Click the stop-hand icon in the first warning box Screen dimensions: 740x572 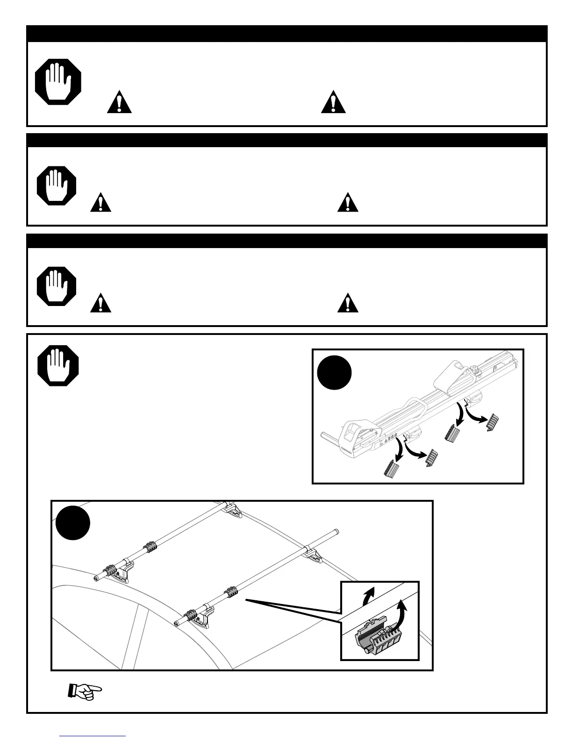click(x=58, y=82)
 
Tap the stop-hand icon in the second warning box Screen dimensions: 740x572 click(x=57, y=185)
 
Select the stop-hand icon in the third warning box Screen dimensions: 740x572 click(x=57, y=286)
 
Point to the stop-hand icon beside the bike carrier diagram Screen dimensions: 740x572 click(x=58, y=365)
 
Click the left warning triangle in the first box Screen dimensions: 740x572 click(x=119, y=102)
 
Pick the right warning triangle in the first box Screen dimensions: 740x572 click(x=333, y=102)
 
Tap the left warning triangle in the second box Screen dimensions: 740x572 click(x=100, y=203)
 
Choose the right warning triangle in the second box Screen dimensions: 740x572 click(x=348, y=203)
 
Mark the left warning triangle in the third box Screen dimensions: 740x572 click(x=100, y=303)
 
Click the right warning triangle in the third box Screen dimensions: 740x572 click(x=348, y=303)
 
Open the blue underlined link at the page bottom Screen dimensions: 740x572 click(x=93, y=736)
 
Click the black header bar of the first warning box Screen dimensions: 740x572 click(x=286, y=34)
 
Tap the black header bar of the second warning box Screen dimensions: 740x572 click(x=286, y=141)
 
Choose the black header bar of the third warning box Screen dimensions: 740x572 click(x=286, y=241)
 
